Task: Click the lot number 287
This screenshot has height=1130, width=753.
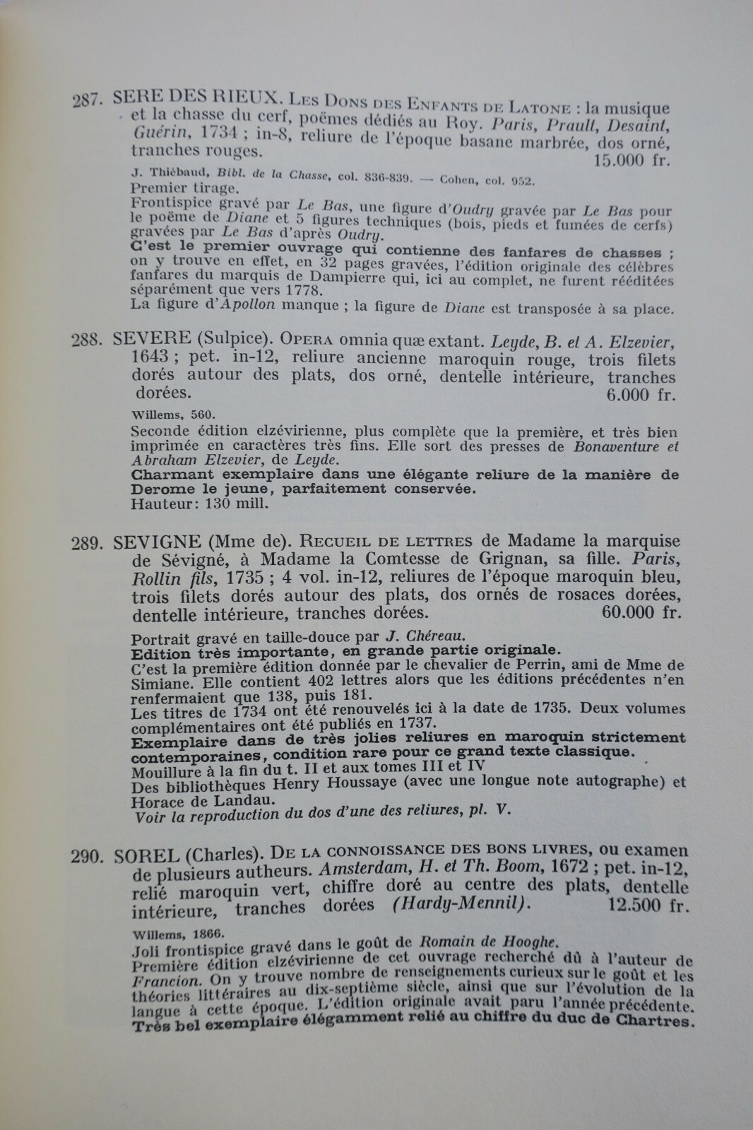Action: click(x=88, y=101)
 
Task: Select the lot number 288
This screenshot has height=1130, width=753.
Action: click(x=88, y=340)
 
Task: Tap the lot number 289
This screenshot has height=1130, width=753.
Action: click(x=88, y=542)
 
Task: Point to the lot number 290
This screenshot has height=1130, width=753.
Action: click(x=88, y=857)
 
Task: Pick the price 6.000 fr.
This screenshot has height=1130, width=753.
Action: click(x=638, y=395)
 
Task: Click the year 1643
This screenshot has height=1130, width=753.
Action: click(x=150, y=359)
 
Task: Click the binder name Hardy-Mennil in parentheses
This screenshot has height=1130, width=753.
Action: click(x=468, y=905)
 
